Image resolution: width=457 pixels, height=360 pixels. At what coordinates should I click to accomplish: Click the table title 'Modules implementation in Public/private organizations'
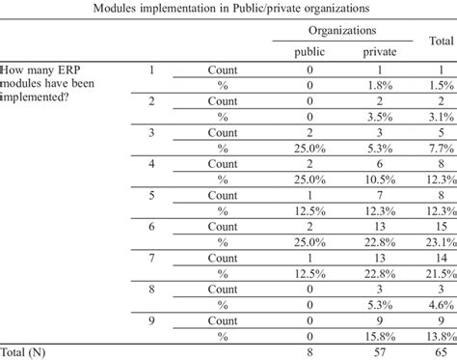tap(228, 9)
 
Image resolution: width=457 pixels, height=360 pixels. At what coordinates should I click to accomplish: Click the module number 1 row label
tap(149, 69)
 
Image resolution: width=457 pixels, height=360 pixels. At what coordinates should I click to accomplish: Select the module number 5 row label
tap(149, 196)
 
